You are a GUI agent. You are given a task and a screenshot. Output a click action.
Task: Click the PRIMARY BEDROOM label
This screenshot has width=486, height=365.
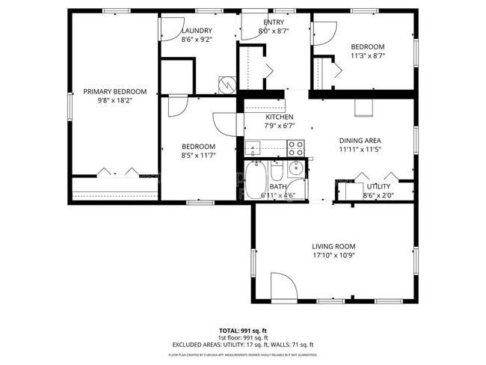pos(114,91)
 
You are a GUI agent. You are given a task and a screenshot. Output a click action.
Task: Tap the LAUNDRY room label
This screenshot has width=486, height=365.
pos(197,31)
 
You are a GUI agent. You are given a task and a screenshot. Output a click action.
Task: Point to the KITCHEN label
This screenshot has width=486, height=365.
pos(279,117)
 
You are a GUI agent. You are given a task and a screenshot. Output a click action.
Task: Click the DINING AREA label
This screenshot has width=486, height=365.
pos(360,141)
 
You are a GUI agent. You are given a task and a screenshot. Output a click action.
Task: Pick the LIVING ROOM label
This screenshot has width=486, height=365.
pos(333,246)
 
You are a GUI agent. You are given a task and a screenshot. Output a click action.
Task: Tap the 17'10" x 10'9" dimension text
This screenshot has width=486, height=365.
pos(333,255)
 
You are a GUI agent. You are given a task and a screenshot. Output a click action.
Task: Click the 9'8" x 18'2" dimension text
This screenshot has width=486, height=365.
pos(114,100)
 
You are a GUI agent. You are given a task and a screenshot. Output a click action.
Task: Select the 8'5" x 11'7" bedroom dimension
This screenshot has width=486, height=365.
pos(199,155)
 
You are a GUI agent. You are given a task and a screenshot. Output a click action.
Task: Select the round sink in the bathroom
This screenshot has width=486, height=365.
pos(295,167)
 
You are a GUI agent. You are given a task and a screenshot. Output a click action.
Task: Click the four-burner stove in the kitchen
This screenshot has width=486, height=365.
pos(296,147)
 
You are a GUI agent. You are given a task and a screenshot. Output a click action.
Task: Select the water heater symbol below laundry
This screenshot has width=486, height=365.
pos(225,85)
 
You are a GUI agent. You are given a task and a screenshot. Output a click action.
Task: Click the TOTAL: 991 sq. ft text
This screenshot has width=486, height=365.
pos(242,331)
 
